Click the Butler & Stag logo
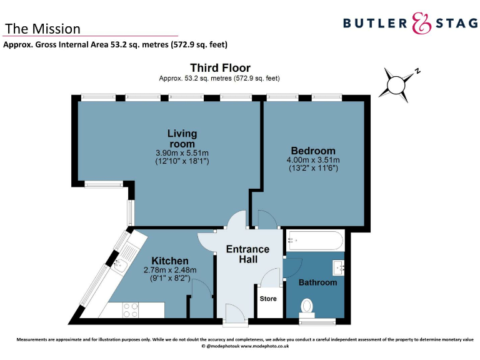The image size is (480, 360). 409,24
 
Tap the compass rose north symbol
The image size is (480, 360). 397,83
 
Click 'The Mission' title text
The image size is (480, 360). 42,29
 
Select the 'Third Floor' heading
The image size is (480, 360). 220,67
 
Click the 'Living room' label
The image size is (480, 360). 182,138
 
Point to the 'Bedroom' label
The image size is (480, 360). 312,151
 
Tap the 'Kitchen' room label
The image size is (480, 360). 170,261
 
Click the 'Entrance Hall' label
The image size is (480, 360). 247,254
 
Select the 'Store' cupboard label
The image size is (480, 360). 268,299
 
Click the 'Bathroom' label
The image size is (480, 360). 317,282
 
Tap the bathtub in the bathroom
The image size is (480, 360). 314,241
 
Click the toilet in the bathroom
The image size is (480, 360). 307,307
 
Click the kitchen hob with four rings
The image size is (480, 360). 131,309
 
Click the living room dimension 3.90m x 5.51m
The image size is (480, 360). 182,152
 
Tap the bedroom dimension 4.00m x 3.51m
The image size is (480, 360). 312,160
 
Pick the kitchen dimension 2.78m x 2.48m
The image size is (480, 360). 170,270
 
